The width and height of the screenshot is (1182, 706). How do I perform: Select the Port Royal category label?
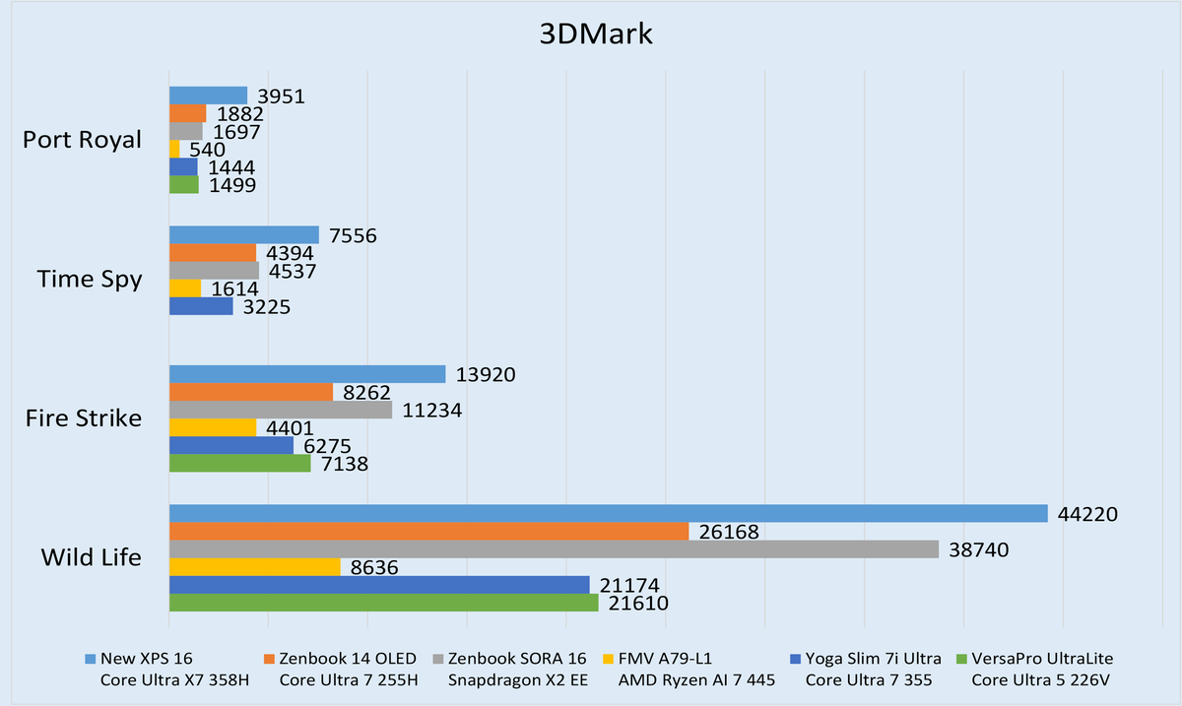(82, 140)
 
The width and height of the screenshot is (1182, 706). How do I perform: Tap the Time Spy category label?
(90, 279)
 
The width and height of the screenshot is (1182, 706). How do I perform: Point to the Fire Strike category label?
(84, 418)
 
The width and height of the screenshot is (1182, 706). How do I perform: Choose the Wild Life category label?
(91, 557)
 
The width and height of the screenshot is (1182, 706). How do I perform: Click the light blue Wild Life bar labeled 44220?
(608, 514)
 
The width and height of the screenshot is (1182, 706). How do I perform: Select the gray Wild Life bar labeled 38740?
(554, 548)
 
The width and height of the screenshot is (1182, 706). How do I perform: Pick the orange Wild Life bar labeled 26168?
(428, 532)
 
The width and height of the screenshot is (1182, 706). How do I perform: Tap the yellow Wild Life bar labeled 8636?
(254, 567)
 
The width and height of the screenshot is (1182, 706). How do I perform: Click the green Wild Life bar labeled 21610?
(383, 603)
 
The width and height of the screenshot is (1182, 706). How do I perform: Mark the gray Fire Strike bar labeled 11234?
(280, 410)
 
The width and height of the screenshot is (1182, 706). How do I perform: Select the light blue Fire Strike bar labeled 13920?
(307, 374)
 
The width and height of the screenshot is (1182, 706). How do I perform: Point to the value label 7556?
(352, 235)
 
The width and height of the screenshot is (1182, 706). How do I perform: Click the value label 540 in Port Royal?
(206, 150)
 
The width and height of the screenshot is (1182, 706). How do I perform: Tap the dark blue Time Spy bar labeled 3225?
(201, 306)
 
